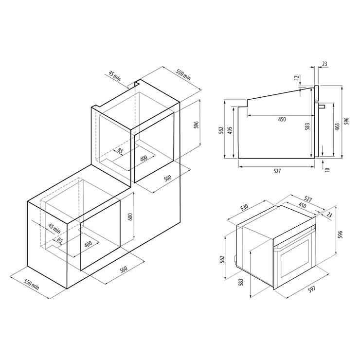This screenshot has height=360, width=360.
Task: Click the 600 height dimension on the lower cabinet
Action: [x=130, y=217]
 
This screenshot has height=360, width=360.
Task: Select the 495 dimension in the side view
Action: [x=230, y=130]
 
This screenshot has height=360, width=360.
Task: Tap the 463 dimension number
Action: [x=337, y=127]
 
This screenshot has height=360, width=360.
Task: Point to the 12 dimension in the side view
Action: [x=298, y=77]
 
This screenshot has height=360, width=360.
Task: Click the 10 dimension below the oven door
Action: [x=327, y=170]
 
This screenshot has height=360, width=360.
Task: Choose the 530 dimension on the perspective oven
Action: [x=244, y=207]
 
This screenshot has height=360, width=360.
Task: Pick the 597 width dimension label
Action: [x=311, y=289]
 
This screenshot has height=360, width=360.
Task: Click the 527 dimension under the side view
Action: [x=277, y=171]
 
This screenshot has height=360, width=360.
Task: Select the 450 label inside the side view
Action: [x=282, y=119]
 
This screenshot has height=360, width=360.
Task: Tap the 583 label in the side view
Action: [x=307, y=126]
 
